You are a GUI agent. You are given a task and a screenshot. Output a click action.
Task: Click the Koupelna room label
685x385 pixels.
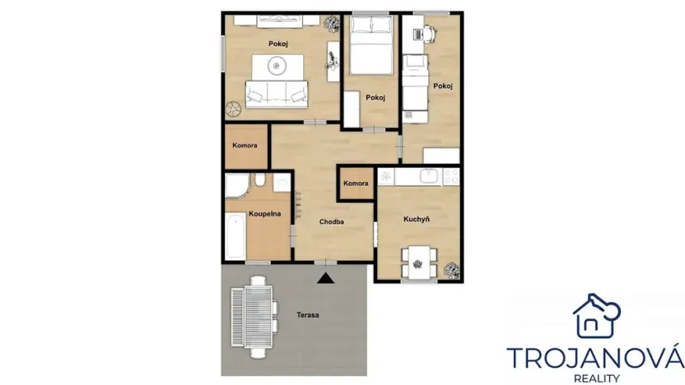point(265,213)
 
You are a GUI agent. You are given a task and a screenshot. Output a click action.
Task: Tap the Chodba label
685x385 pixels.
point(332,221)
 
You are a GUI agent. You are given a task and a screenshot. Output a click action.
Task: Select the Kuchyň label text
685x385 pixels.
point(417,220)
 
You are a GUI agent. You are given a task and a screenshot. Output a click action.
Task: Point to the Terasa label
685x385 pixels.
point(309,315)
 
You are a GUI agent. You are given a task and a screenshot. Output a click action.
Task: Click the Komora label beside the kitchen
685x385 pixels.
point(356,183)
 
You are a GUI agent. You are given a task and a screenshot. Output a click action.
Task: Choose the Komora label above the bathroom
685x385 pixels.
point(245,146)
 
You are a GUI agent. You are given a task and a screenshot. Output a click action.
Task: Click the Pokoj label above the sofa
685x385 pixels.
point(277,43)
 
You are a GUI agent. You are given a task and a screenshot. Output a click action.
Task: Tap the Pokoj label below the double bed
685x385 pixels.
point(376,95)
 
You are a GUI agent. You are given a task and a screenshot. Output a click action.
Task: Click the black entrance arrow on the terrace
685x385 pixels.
point(327,277)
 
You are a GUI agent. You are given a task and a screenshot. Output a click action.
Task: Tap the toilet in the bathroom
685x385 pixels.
point(259,182)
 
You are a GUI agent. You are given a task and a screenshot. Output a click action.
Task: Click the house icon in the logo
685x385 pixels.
point(595,316)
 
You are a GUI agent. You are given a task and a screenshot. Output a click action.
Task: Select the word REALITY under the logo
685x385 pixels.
point(594,378)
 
